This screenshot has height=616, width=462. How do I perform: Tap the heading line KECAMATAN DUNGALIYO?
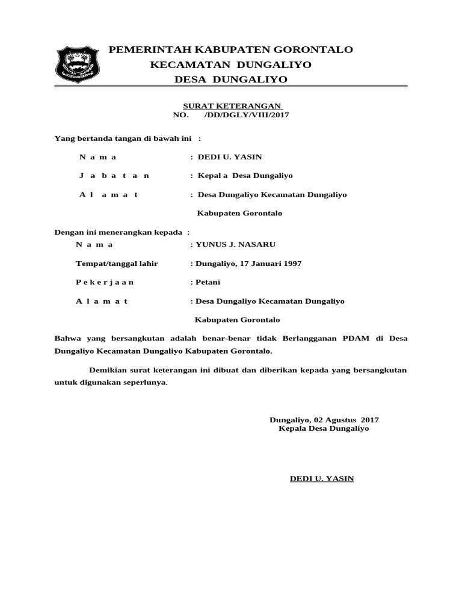(230, 64)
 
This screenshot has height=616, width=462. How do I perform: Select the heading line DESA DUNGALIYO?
(230, 79)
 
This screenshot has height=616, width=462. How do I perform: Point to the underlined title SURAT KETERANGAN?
(232, 105)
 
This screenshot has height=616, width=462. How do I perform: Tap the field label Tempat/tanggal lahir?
(117, 263)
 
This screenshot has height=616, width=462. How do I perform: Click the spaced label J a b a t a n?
(114, 176)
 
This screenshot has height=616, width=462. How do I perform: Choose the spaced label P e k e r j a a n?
(105, 282)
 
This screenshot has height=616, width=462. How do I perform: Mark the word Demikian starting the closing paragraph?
(107, 370)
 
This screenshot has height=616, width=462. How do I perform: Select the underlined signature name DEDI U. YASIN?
(322, 479)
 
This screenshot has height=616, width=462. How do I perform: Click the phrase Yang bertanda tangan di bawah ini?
(123, 139)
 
